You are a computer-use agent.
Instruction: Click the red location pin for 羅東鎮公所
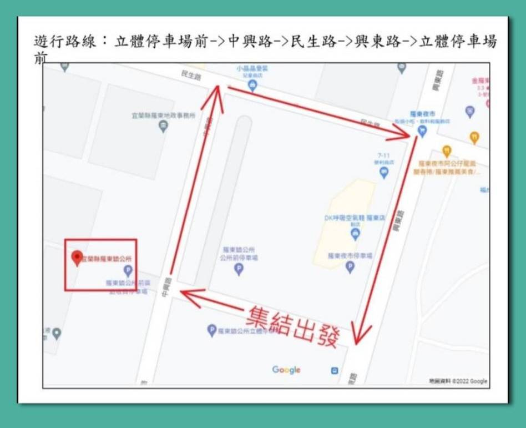[x=78, y=258]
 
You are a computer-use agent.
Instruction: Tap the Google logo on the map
[x=286, y=370]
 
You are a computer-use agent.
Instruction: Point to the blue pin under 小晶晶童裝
[x=253, y=85]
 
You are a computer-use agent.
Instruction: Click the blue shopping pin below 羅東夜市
[x=422, y=132]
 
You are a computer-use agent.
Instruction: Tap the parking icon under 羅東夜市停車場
[x=350, y=267]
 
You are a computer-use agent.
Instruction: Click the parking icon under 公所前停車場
[x=239, y=269]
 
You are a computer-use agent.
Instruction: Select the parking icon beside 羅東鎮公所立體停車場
[x=211, y=330]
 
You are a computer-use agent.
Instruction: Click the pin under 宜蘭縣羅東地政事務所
[x=163, y=127]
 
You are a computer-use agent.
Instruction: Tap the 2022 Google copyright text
[x=458, y=381]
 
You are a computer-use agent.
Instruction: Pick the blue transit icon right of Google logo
[x=335, y=370]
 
